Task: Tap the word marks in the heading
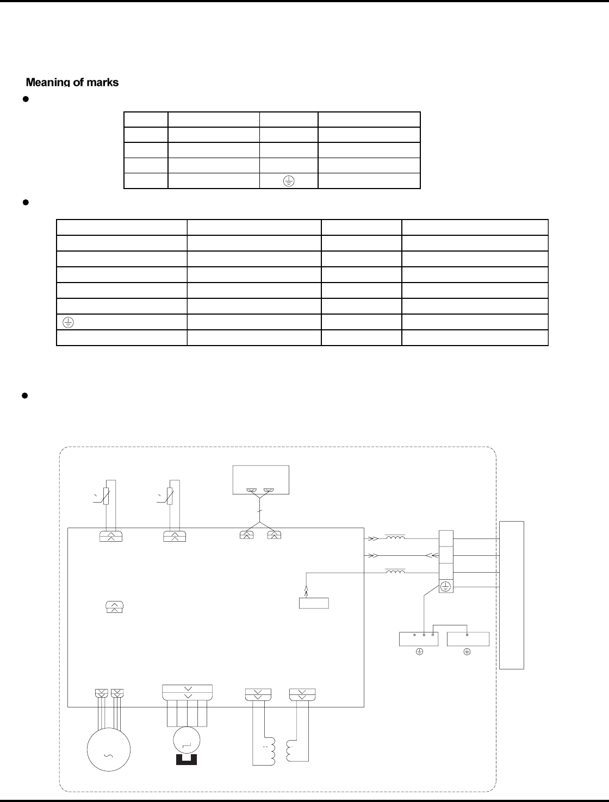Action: [102, 83]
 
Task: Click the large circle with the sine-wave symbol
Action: [109, 749]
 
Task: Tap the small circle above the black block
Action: [185, 740]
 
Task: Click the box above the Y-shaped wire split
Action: [260, 480]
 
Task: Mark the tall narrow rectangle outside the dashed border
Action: [512, 594]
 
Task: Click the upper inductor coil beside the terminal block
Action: [395, 538]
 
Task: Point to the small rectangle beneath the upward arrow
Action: [314, 603]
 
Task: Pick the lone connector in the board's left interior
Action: [114, 607]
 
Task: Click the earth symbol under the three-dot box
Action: [419, 651]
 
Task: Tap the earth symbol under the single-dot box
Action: [467, 651]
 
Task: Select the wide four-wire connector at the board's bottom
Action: [187, 692]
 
